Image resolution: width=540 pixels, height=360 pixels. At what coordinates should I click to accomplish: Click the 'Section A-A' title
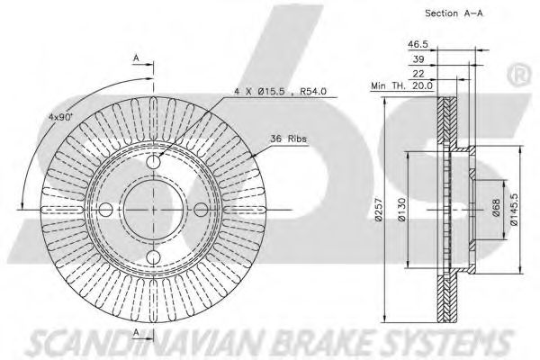[454, 13]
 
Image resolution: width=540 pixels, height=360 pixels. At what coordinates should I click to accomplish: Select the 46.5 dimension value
[418, 44]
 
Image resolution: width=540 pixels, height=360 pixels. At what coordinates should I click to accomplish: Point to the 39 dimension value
[418, 58]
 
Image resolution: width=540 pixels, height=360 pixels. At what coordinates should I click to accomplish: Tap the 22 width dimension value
[418, 74]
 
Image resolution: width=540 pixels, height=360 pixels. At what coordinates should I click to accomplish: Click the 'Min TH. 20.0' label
[402, 85]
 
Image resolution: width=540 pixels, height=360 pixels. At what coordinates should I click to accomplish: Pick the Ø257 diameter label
[378, 210]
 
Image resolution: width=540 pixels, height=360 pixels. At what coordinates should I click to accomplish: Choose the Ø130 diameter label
[401, 210]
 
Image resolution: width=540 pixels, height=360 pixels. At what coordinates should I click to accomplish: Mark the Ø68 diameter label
[496, 208]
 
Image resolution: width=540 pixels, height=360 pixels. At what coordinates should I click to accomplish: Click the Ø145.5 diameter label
[514, 209]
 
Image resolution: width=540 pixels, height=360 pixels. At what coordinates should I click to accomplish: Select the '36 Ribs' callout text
[289, 139]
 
